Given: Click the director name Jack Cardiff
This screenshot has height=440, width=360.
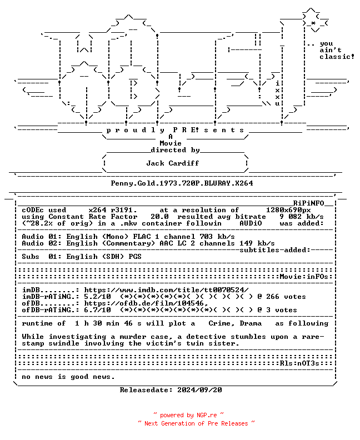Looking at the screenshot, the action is pos(173,163).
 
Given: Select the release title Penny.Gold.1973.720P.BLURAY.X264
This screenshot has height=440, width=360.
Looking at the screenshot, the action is pos(182,183).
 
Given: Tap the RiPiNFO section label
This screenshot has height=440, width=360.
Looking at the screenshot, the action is pos(309,203).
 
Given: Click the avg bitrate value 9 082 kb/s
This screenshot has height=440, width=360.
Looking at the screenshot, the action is pos(302,217).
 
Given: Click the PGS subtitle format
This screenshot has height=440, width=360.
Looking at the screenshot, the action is pos(135,257).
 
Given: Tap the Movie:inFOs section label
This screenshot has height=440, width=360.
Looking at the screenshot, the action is pos(304,277).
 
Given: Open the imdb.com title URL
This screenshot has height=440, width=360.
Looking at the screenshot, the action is pos(167,290).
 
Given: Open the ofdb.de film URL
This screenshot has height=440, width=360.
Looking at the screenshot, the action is pos(146,303).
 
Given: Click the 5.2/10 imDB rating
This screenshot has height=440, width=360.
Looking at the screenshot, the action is pos(97,297).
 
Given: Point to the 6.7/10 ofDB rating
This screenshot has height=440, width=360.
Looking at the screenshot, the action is pos(97,310).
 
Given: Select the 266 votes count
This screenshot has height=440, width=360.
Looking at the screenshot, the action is pos(286,297).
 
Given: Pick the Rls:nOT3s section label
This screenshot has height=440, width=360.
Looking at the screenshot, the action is pos(299,363).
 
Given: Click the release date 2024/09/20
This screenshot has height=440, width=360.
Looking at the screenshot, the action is pos(199,390).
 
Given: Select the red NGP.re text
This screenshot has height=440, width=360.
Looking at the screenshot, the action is pos(207,416).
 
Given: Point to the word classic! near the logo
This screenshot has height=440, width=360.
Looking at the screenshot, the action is pos(337,57).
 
